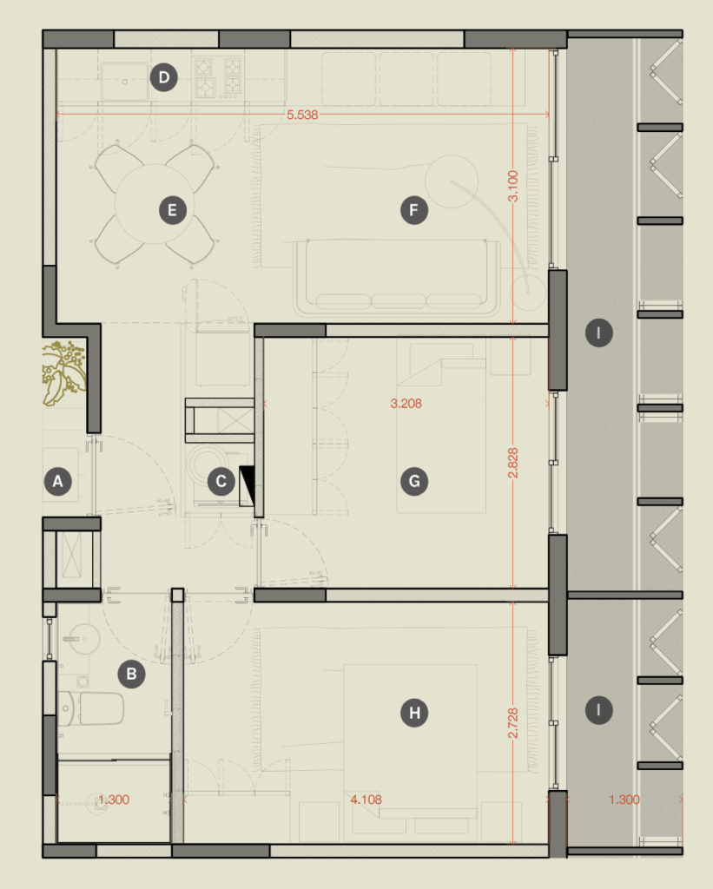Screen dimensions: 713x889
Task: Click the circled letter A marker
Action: (x=58, y=481)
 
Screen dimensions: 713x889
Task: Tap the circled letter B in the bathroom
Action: (x=132, y=674)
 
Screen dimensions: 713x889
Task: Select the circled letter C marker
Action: (x=221, y=481)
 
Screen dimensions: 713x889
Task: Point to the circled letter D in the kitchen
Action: (x=164, y=77)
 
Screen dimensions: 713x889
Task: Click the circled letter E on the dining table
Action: (x=173, y=210)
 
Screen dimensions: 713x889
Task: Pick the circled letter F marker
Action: (x=414, y=210)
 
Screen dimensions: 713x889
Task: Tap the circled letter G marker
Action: (x=414, y=481)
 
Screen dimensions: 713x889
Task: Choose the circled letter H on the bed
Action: (x=414, y=713)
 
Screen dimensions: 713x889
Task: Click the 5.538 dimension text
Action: (x=302, y=115)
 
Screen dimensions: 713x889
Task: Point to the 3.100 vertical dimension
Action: (x=512, y=186)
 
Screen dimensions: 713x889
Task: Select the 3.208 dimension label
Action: (x=406, y=404)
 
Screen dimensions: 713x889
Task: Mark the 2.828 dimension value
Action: (x=512, y=463)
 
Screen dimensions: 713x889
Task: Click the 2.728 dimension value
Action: (x=512, y=723)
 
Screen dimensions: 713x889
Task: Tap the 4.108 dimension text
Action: (x=366, y=800)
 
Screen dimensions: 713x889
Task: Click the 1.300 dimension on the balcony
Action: (x=624, y=800)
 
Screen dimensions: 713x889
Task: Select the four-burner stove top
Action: (x=218, y=77)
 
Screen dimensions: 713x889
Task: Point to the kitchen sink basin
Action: (x=125, y=82)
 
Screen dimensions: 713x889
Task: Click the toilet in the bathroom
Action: (x=91, y=708)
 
